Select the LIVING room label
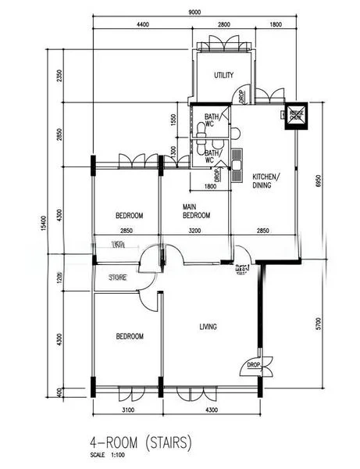pos(208,327)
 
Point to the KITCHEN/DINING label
pos(264,181)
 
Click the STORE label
pos(118,277)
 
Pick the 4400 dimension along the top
pos(143,25)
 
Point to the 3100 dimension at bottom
pos(129,410)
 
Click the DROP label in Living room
pos(253,365)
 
